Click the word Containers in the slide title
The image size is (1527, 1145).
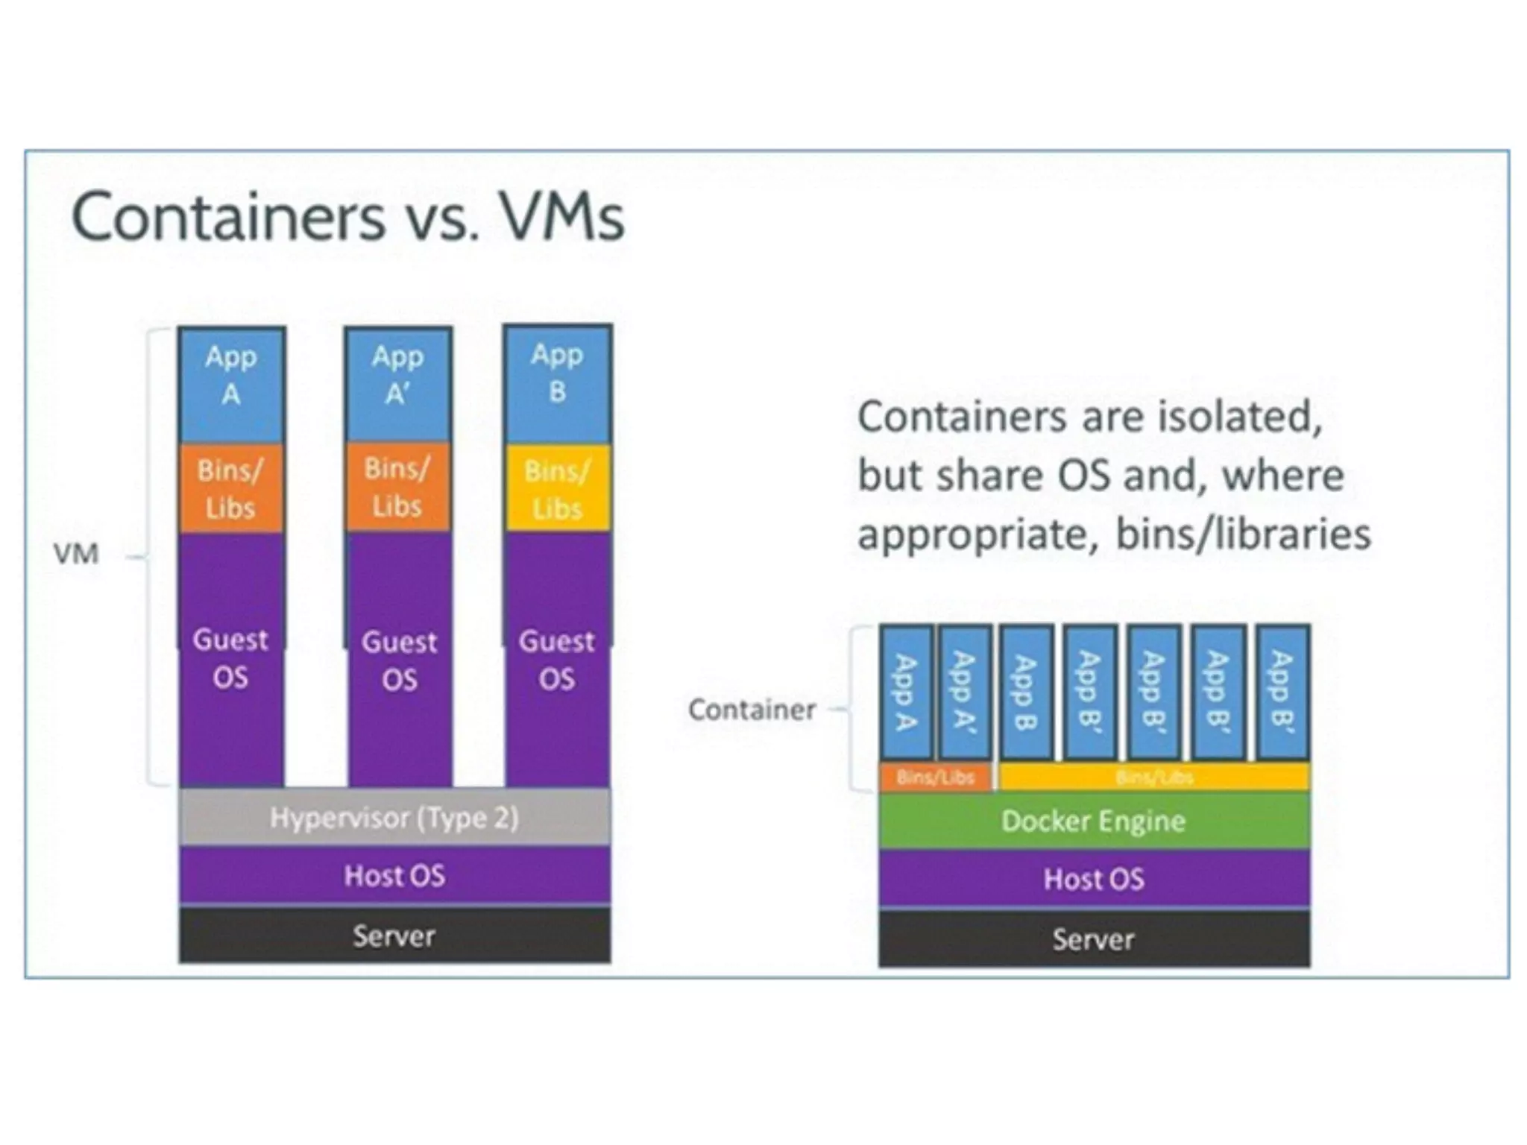pyautogui.click(x=228, y=217)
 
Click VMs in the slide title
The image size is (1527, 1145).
pyautogui.click(x=561, y=217)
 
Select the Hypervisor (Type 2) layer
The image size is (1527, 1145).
pyautogui.click(x=394, y=818)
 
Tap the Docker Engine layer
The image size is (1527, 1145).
pyautogui.click(x=1093, y=821)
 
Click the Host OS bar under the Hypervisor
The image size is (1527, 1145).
pyautogui.click(x=394, y=875)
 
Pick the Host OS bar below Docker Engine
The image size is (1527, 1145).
pyautogui.click(x=1093, y=879)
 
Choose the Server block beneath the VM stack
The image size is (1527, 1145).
pyautogui.click(x=394, y=936)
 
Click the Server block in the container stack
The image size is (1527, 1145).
pyautogui.click(x=1093, y=939)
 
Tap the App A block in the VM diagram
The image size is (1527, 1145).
pyautogui.click(x=231, y=384)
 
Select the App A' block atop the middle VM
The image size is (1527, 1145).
pyautogui.click(x=398, y=384)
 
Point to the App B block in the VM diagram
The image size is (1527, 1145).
pyautogui.click(x=557, y=382)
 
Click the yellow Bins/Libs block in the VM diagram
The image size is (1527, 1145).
pyautogui.click(x=557, y=489)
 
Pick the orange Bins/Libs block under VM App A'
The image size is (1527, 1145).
pyautogui.click(x=398, y=488)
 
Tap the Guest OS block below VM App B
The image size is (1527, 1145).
pyautogui.click(x=557, y=659)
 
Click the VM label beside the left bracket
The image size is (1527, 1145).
pyautogui.click(x=76, y=554)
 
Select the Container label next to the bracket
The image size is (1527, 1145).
pyautogui.click(x=752, y=710)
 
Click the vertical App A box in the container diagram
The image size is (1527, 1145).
pyautogui.click(x=906, y=693)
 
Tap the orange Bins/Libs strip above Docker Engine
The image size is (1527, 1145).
pyautogui.click(x=936, y=777)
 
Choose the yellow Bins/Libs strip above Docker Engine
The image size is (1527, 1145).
pyautogui.click(x=1154, y=777)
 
